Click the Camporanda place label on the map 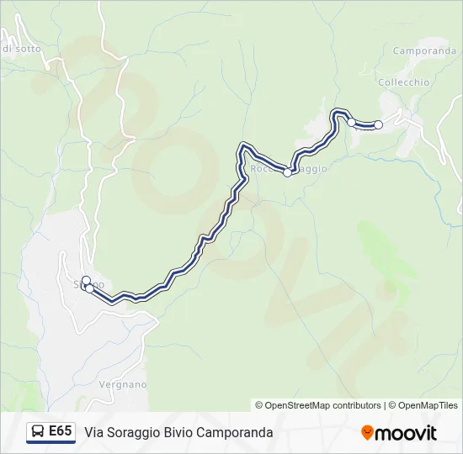tap(424, 50)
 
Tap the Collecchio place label tap(404, 82)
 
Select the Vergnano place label tap(123, 384)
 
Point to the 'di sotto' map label tap(21, 49)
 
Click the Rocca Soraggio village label tap(289, 168)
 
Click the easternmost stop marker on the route tap(378, 125)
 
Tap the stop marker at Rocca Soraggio tap(288, 172)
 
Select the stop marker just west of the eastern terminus tap(352, 122)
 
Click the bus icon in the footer tap(37, 432)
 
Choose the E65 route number tap(60, 431)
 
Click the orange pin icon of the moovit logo tap(367, 433)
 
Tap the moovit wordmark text tap(406, 433)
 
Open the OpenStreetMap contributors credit tap(318, 405)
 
